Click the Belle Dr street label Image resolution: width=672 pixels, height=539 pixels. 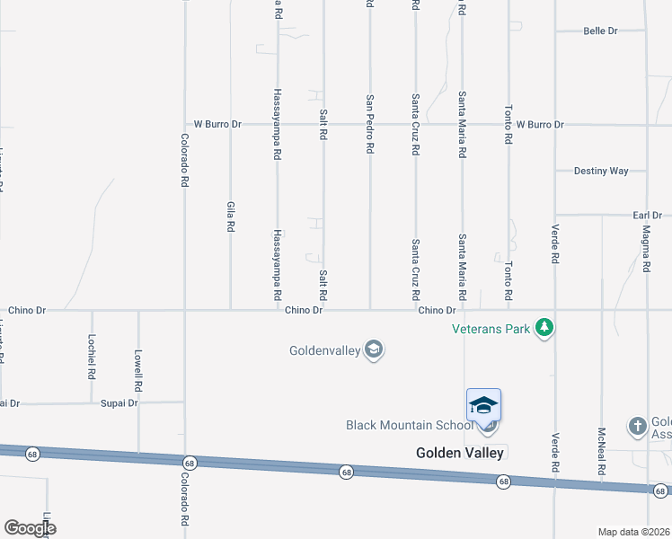click(x=600, y=31)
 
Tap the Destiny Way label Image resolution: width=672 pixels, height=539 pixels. click(x=601, y=171)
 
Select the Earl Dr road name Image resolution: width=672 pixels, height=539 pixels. click(x=646, y=216)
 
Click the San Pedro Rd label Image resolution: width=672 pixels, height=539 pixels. click(x=369, y=124)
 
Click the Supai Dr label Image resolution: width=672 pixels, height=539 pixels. click(x=119, y=403)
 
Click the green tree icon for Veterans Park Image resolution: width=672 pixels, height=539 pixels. click(x=544, y=329)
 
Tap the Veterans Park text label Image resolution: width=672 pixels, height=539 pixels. click(x=491, y=329)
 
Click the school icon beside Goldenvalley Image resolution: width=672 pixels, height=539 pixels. click(x=374, y=350)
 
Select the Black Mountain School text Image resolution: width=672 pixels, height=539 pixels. click(x=410, y=425)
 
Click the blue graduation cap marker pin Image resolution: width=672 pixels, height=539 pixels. click(x=483, y=407)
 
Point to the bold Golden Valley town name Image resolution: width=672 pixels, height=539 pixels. click(x=460, y=453)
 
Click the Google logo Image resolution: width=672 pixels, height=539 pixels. click(x=30, y=527)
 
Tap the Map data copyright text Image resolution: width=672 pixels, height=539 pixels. click(x=634, y=532)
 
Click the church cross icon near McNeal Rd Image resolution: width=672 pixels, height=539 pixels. click(x=637, y=425)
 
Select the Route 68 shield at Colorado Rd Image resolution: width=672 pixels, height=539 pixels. click(x=189, y=463)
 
